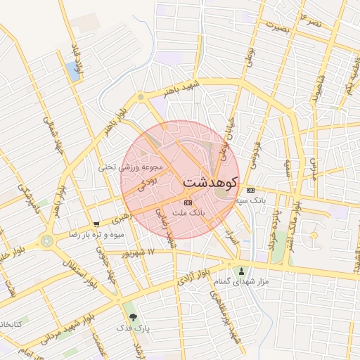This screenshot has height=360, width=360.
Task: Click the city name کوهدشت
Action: click(x=210, y=181)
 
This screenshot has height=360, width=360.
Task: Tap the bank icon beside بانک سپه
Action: click(x=251, y=190)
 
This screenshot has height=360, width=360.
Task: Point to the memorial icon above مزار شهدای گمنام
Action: click(x=242, y=271)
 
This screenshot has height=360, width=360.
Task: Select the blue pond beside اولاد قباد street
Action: click(x=72, y=69)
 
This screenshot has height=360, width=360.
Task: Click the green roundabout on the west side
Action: click(x=47, y=240)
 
